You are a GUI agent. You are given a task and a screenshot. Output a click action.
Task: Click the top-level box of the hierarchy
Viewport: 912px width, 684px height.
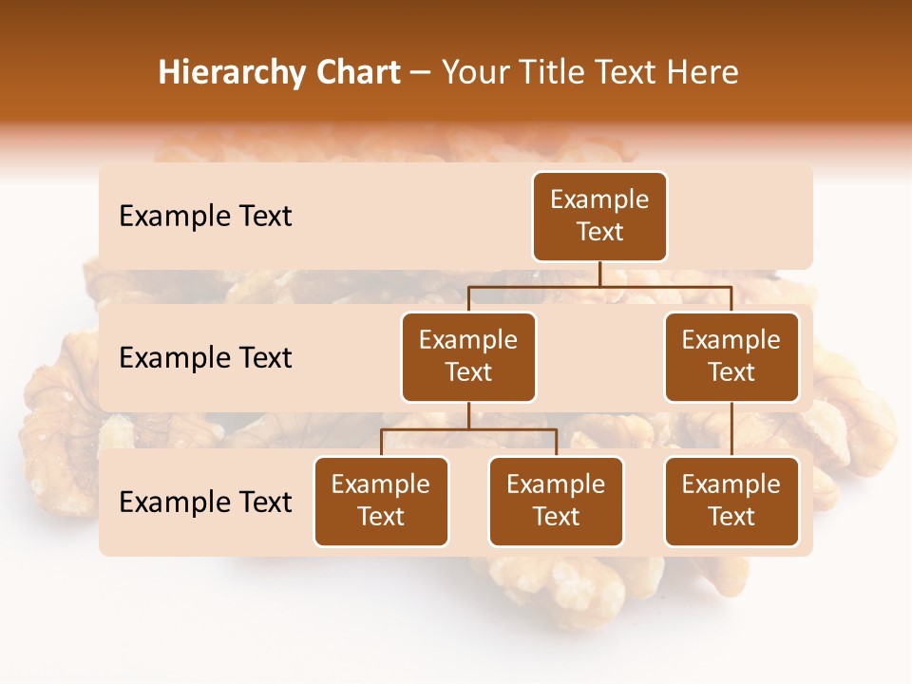[599, 217]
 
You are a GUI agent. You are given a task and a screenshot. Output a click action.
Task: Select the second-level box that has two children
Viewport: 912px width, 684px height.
[468, 356]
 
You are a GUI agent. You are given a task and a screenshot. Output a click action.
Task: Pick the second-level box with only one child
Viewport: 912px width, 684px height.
[731, 356]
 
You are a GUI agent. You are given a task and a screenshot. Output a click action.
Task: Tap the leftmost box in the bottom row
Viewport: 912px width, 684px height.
[381, 501]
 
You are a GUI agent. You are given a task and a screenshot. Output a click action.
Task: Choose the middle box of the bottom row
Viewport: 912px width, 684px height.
[556, 501]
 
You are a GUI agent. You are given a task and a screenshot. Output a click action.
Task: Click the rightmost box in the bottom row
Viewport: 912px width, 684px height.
[731, 501]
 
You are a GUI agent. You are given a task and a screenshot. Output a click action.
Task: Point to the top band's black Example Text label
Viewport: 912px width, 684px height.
[205, 217]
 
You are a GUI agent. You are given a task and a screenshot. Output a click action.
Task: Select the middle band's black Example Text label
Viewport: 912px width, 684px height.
[205, 358]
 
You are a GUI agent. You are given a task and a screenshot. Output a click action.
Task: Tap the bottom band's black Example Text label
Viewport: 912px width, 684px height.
[205, 502]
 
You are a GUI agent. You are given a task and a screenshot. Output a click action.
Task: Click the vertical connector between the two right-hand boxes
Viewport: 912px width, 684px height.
[731, 428]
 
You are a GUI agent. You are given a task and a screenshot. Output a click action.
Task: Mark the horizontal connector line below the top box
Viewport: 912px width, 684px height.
[599, 285]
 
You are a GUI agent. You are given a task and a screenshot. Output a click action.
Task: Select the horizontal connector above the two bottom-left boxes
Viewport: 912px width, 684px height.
[468, 429]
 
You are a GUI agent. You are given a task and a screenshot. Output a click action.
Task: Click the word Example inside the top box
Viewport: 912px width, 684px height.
[599, 199]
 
